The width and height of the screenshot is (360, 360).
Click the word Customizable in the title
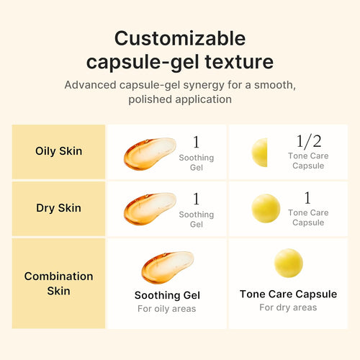pos(180,38)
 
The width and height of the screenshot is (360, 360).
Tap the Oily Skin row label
pos(58,151)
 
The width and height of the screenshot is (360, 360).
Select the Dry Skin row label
pos(58,208)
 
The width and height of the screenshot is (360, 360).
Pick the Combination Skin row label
pos(58,283)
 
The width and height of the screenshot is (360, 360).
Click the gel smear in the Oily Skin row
pos(149,152)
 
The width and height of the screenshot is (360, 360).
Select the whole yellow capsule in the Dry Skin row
pos(266,208)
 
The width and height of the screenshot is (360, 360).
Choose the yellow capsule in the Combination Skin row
pos(288,264)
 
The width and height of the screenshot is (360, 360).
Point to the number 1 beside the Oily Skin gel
pos(196,142)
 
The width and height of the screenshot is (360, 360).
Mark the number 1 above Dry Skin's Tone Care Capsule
pos(307,198)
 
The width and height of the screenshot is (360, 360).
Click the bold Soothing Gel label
pos(167,295)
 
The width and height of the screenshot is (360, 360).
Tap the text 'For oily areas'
pos(167,310)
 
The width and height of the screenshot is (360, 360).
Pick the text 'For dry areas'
pos(288,307)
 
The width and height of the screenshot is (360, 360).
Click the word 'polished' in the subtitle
pos(152,99)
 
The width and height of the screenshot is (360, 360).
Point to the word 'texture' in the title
pos(234,61)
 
